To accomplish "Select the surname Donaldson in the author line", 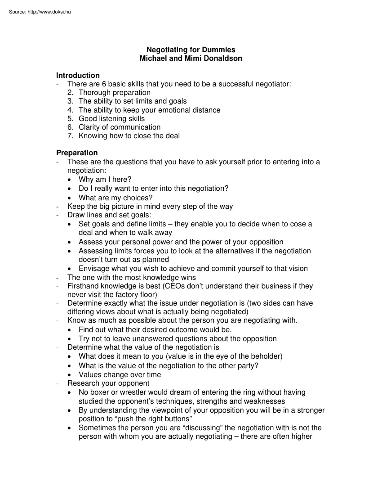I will tap(222, 58).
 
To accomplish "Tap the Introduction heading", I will tap(78, 75).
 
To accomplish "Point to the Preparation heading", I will tap(77, 153).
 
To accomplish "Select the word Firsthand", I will tap(84, 286).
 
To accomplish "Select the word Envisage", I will tap(93, 269).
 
